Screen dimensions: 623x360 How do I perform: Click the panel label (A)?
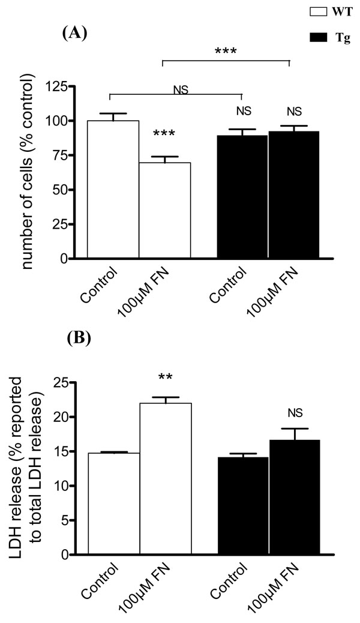75,33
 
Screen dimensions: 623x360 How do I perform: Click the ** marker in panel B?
165,378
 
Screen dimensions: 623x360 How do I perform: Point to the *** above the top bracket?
226,51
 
